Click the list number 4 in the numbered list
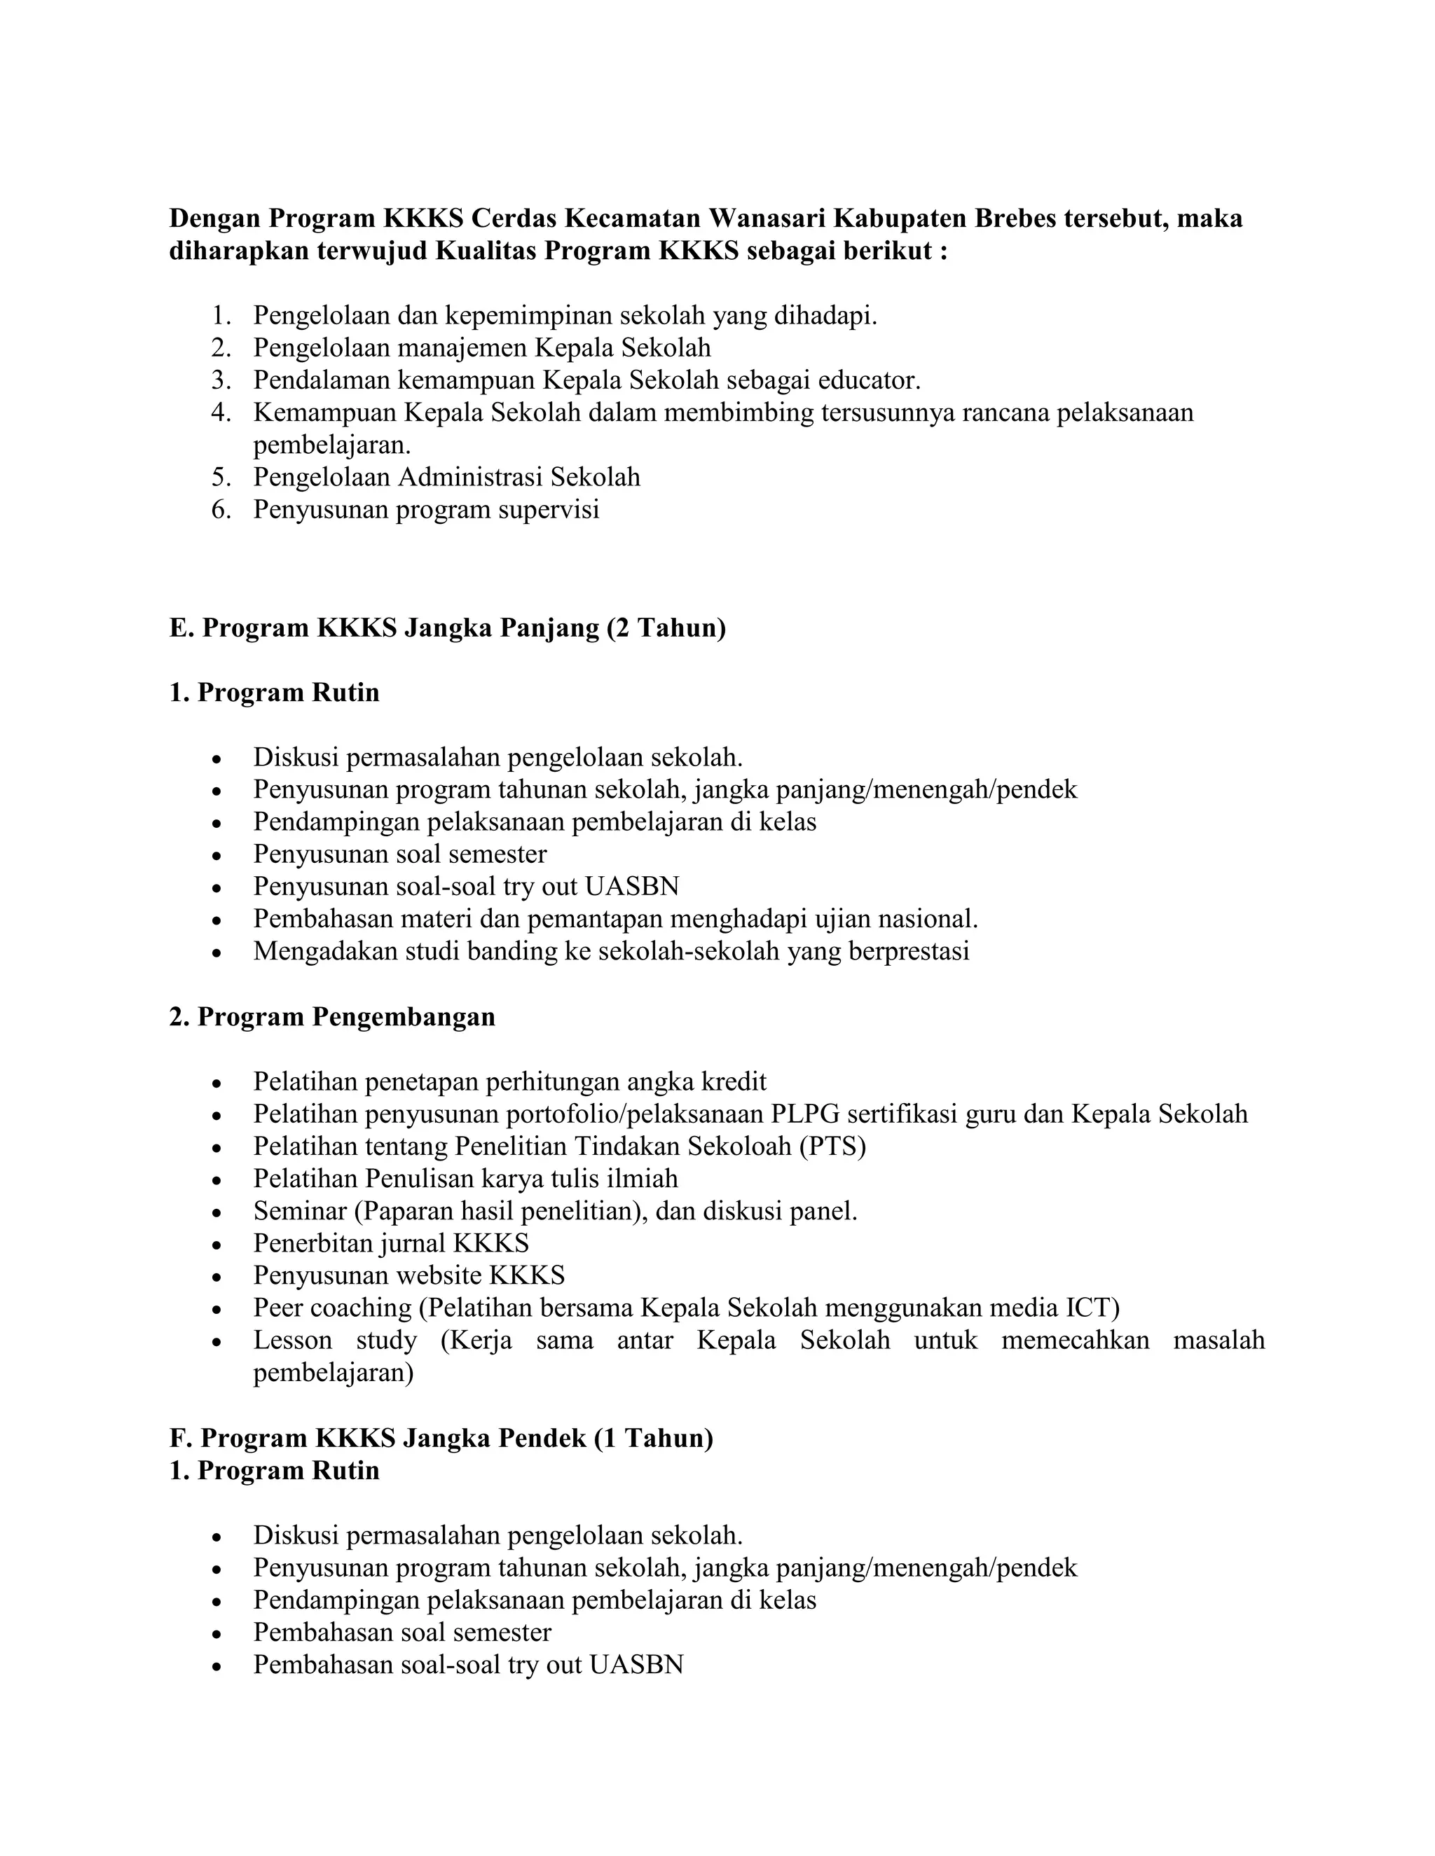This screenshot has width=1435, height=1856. (x=221, y=413)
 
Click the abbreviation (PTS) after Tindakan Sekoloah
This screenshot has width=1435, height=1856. (x=832, y=1147)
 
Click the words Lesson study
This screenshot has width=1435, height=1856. (x=335, y=1341)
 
